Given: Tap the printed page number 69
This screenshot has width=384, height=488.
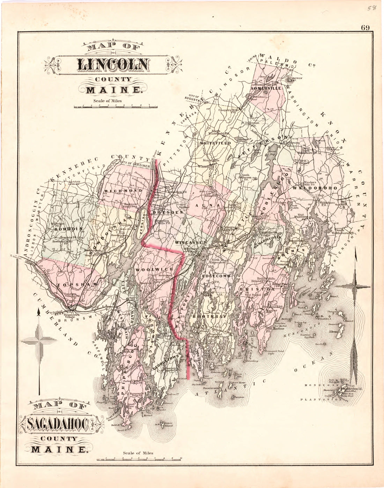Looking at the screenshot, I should [365, 28].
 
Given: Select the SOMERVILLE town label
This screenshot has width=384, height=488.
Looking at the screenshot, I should [266, 89].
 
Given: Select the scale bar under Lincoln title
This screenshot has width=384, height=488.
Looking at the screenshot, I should [115, 106].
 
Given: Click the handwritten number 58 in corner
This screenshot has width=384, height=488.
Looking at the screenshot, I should [371, 8].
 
